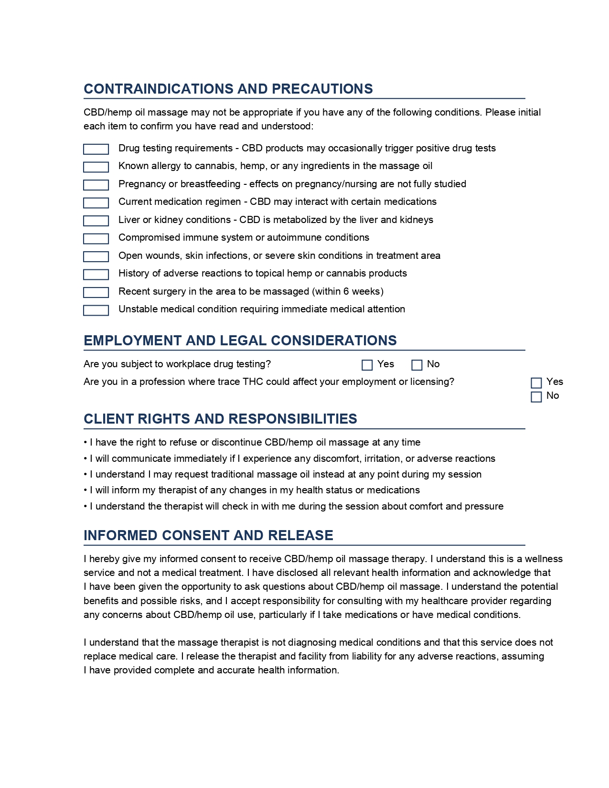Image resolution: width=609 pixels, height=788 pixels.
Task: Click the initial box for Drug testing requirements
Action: tap(96, 149)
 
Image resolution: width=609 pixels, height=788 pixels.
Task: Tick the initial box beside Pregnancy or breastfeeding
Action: tap(96, 185)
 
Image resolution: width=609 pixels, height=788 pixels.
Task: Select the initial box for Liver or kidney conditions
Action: tap(96, 221)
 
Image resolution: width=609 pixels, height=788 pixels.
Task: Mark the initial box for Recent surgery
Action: tap(96, 292)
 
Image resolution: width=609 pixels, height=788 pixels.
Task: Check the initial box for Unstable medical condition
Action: tap(96, 310)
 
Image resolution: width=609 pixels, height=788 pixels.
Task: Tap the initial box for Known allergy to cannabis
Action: tap(96, 167)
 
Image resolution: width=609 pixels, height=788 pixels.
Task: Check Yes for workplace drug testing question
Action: tap(367, 365)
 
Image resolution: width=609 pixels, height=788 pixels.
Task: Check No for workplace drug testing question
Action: tap(417, 365)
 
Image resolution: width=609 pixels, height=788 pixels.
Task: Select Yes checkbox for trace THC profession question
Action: tap(536, 383)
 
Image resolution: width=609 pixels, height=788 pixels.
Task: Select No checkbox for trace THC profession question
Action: tap(536, 397)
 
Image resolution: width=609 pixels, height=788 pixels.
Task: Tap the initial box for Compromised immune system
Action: tap(96, 239)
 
